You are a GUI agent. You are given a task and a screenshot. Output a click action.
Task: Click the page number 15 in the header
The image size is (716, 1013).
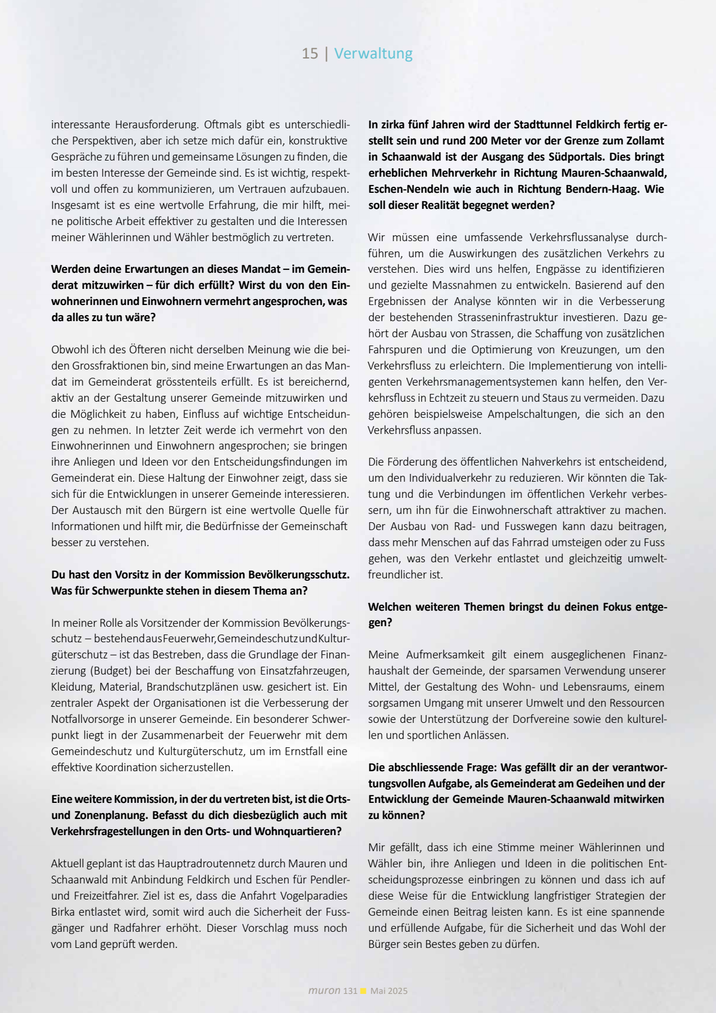coord(310,54)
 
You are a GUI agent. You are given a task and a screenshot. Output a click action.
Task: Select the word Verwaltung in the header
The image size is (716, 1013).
coord(373,54)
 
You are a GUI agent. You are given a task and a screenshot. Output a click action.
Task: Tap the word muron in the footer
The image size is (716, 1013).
coord(324,990)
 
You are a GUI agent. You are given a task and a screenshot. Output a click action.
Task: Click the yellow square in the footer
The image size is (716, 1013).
coord(363,991)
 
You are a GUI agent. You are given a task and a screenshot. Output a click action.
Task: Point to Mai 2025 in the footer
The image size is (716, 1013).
coord(388,991)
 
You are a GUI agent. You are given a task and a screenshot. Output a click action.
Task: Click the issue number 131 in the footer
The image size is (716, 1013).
coord(350,991)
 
